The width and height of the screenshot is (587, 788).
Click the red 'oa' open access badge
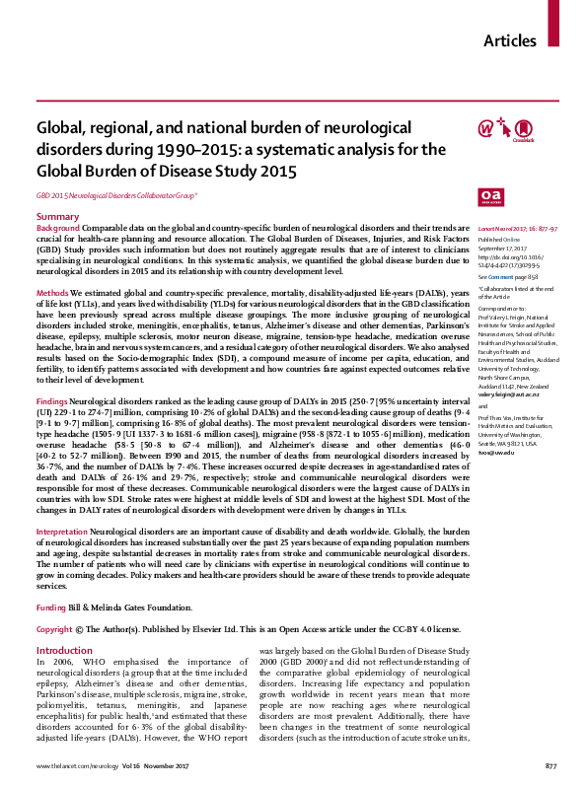[x=490, y=196]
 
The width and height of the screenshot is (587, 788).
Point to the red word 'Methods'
[x=52, y=294]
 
